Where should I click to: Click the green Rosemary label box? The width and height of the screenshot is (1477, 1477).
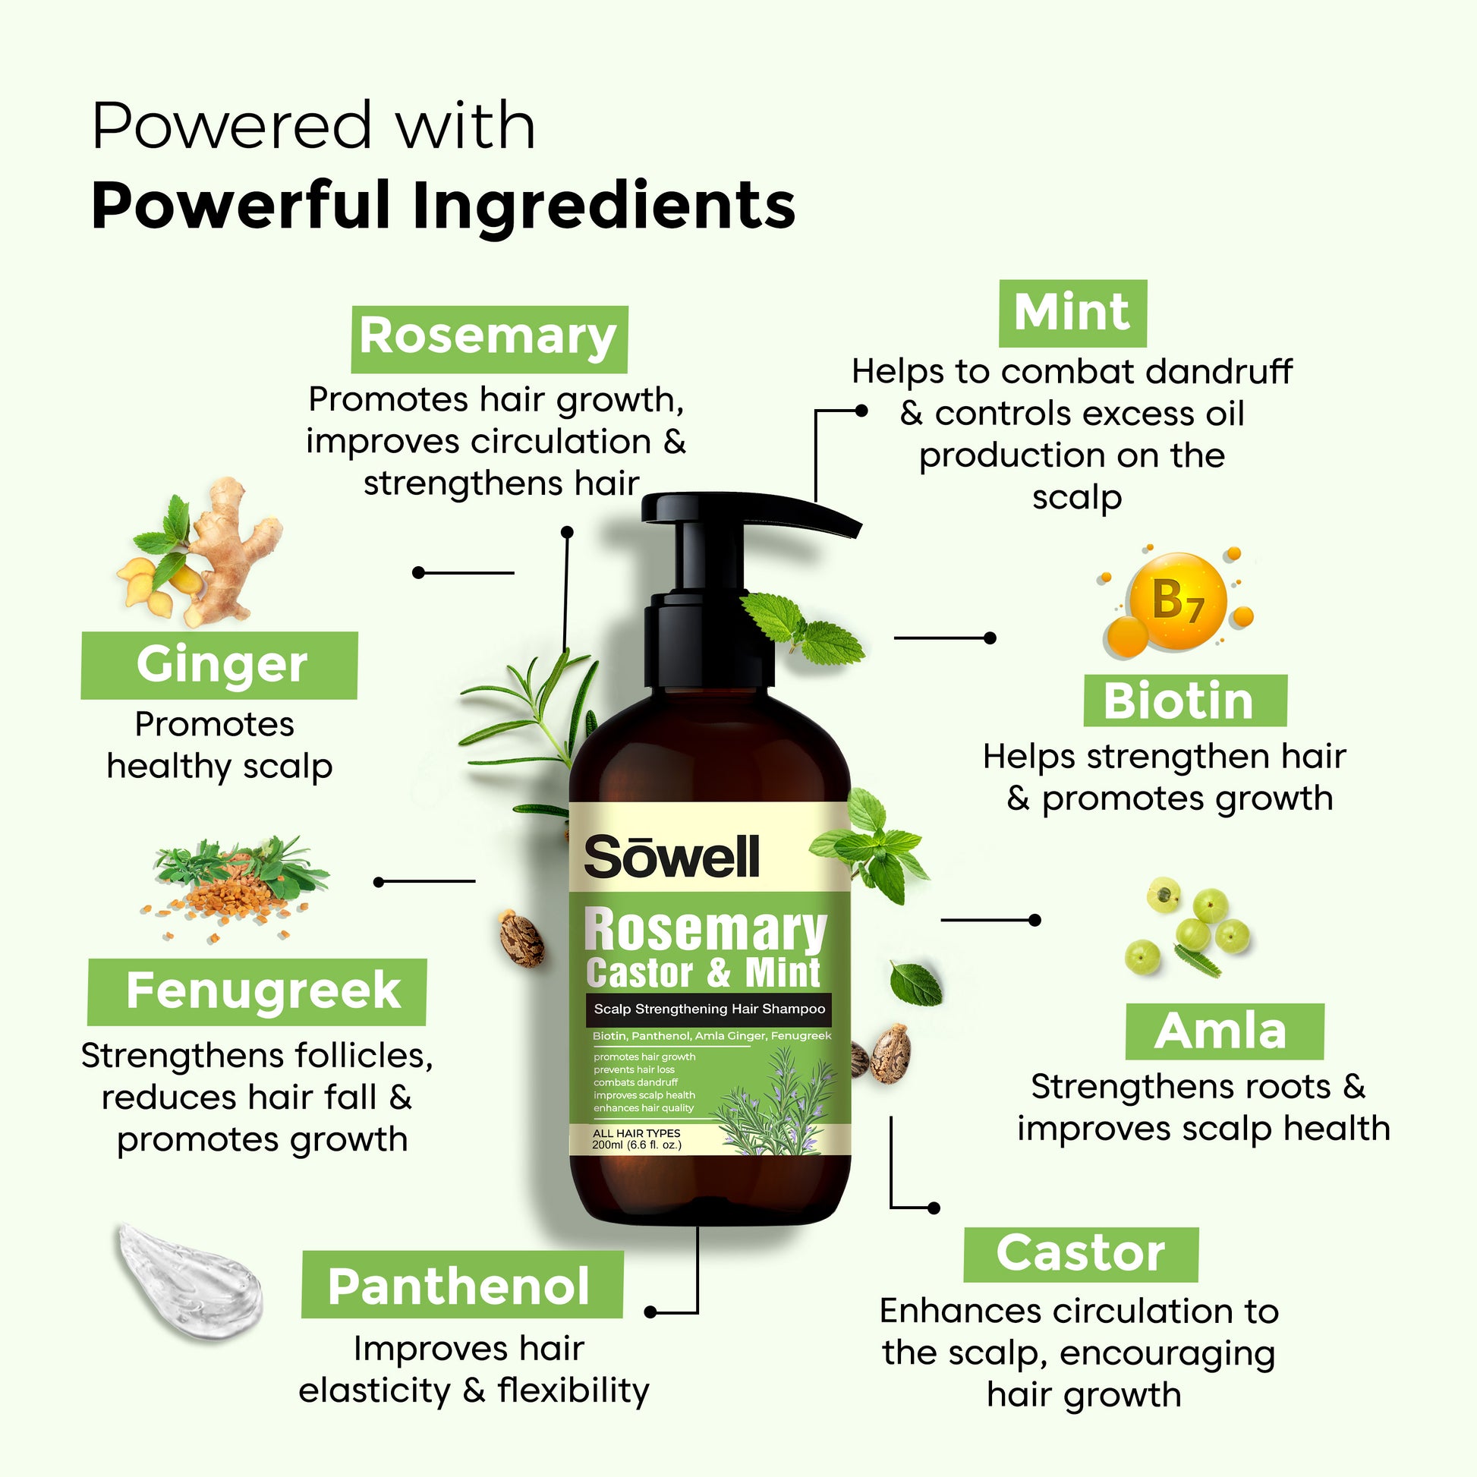(490, 339)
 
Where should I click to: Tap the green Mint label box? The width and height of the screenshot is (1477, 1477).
(1072, 313)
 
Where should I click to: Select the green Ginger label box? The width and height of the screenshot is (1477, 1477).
(219, 665)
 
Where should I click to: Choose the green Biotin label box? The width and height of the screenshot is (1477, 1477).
(1185, 701)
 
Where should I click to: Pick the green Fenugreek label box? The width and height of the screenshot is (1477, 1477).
(257, 991)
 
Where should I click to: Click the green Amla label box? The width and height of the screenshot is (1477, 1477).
(1225, 1031)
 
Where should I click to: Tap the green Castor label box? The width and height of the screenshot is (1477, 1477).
(1081, 1255)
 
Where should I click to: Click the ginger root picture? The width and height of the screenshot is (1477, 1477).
(200, 552)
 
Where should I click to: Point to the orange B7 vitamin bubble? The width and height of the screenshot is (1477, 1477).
(1177, 601)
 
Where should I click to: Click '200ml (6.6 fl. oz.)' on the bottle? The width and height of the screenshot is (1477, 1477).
(637, 1145)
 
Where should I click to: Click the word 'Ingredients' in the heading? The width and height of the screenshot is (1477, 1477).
(604, 206)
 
